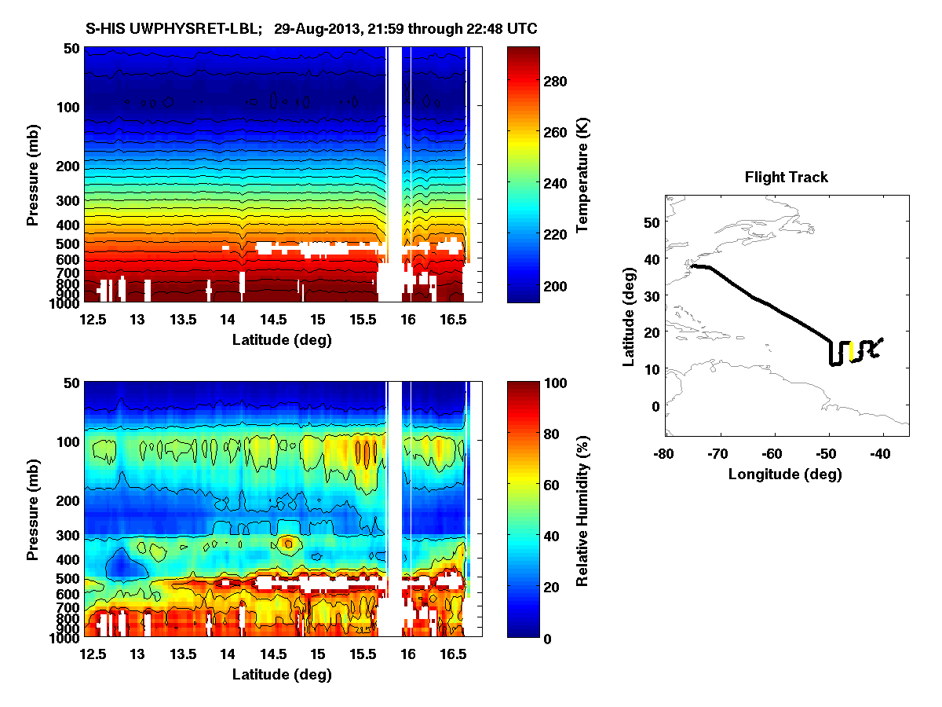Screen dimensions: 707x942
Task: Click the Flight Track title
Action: (786, 178)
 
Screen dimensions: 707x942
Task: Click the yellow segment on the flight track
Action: (852, 351)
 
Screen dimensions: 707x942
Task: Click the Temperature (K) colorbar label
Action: (582, 174)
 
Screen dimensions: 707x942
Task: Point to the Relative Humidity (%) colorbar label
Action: (582, 510)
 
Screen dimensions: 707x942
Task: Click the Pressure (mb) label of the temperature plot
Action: (32, 174)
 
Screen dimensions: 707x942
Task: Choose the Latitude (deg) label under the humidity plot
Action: (282, 674)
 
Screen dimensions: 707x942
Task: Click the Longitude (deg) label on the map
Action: (785, 474)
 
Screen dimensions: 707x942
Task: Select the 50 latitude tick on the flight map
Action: (651, 222)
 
